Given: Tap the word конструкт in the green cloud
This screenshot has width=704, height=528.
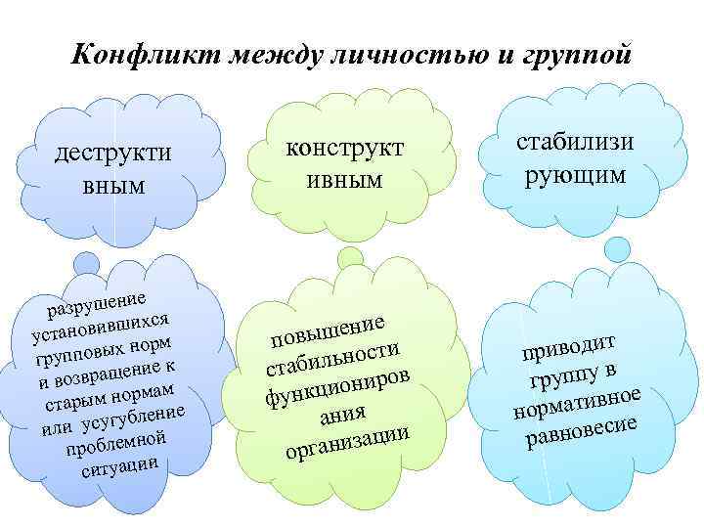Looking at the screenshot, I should pyautogui.click(x=344, y=148).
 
